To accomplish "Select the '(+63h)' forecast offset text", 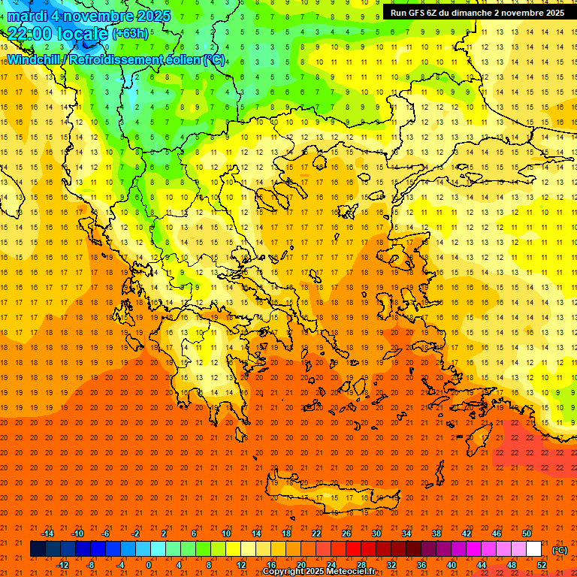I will click(130, 34).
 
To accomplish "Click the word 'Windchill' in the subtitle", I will click(34, 59).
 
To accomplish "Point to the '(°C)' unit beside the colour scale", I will click(560, 550).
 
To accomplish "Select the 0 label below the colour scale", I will click(149, 564).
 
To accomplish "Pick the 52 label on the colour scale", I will click(542, 564).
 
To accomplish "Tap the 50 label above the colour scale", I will click(527, 533).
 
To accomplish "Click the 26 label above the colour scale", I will click(346, 533).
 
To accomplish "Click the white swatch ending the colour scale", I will click(534, 549).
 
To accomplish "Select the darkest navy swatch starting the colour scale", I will click(38, 549).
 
